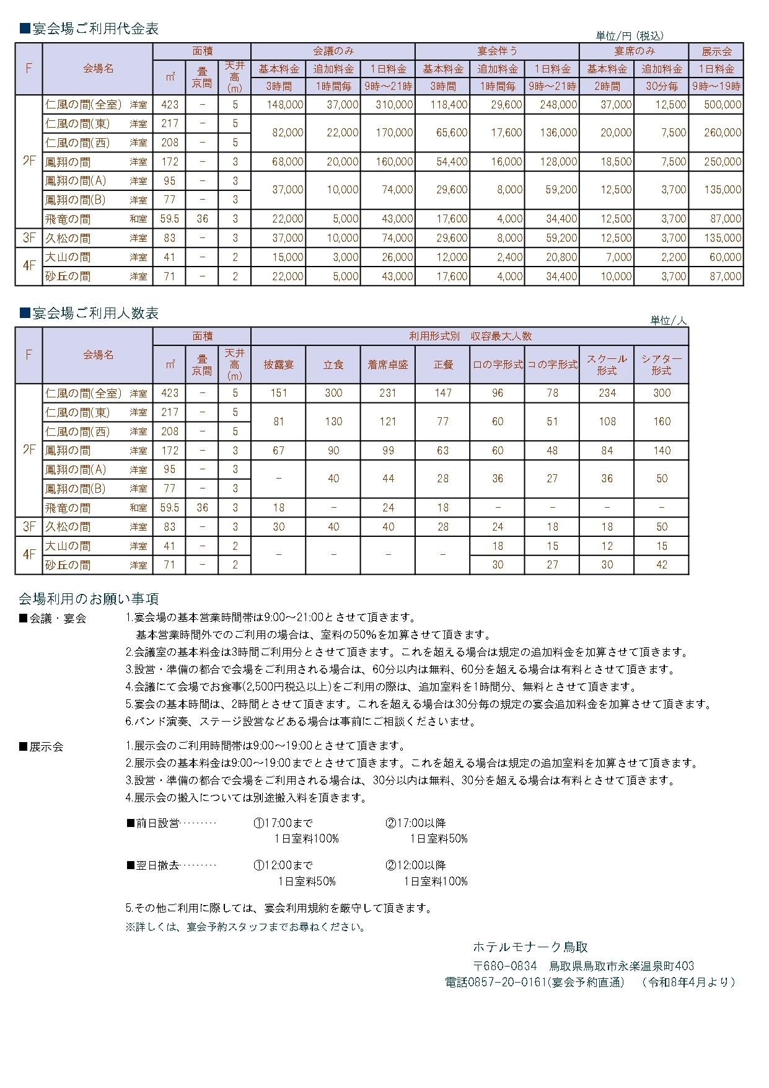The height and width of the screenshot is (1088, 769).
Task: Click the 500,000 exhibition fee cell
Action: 723,105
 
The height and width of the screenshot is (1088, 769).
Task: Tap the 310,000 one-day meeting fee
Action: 394,105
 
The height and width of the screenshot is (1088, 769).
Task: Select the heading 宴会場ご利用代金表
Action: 89,29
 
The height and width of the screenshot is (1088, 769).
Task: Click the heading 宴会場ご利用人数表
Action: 89,313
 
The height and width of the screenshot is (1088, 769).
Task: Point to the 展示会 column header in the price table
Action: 716,51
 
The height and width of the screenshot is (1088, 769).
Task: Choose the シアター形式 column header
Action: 661,365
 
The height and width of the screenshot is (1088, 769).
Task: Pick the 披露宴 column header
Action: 279,365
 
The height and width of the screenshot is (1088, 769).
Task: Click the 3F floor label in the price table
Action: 29,238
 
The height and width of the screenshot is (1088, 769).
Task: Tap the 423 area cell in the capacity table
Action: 170,393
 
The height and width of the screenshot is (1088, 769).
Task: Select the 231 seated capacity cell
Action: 388,393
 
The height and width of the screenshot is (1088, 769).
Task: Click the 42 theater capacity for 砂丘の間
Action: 662,565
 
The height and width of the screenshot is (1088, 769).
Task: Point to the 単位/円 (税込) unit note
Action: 630,36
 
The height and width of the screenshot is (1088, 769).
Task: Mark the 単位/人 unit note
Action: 669,321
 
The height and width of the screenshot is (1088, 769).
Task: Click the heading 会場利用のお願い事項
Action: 89,598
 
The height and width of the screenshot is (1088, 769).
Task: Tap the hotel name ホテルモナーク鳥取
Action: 530,947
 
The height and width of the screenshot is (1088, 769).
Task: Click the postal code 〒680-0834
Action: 505,966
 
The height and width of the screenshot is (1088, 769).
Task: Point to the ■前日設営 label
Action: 153,823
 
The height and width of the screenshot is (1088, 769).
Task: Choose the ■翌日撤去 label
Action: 153,865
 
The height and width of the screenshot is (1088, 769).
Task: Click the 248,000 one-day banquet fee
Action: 558,105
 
